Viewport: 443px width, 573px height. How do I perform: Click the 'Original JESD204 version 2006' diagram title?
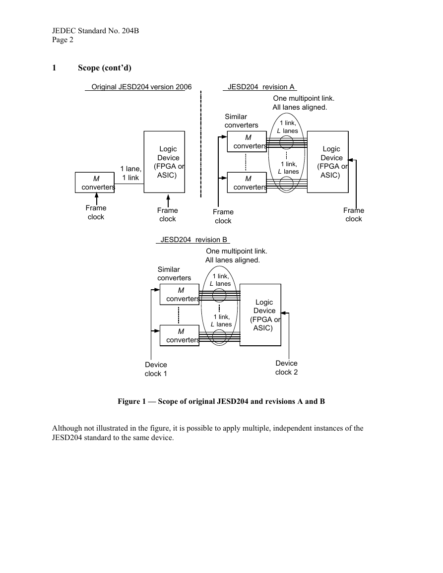point(141,87)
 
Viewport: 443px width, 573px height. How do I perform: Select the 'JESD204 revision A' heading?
point(261,87)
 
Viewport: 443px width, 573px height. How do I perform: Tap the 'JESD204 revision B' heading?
point(194,240)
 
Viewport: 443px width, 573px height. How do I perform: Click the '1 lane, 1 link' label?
point(131,173)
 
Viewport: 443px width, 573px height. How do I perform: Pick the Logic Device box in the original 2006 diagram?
point(164,162)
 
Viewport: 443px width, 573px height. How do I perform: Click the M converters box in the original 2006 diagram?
point(95,183)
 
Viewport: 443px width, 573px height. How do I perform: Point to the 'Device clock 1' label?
point(156,369)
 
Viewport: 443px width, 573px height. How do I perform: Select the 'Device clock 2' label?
point(287,368)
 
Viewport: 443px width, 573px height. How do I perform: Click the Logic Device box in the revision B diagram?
point(260,315)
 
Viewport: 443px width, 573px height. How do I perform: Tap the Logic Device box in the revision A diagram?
point(327,162)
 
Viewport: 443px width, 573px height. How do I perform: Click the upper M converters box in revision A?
point(247,141)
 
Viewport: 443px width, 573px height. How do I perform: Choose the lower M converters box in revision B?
point(180,335)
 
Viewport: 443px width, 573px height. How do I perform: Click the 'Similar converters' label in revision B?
point(174,274)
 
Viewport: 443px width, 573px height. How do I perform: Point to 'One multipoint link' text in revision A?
point(304,98)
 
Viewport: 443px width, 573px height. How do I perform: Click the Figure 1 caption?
point(221,401)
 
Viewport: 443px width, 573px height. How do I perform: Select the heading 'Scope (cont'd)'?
point(105,67)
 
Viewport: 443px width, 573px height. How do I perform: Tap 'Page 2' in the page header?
point(63,40)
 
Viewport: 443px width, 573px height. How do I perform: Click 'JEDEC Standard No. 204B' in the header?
point(95,31)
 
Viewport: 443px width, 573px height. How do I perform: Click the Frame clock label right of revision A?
point(353,214)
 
